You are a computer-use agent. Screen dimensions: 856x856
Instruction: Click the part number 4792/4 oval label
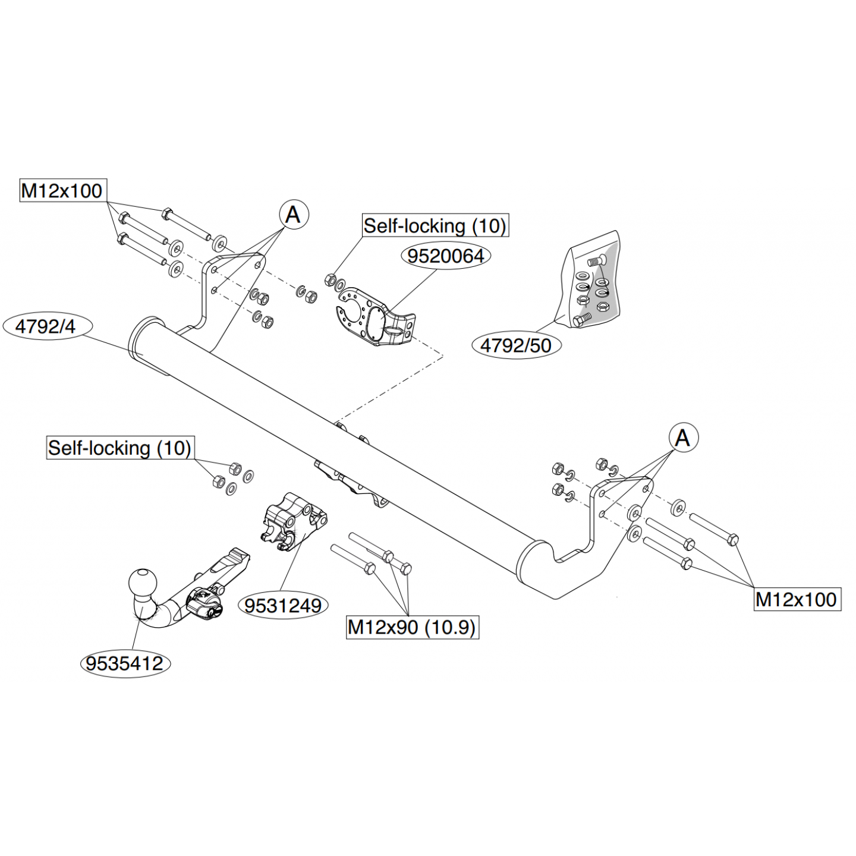click(x=46, y=327)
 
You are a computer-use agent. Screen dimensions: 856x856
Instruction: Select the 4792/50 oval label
click(x=515, y=345)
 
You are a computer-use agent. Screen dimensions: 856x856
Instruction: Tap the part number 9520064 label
click(x=446, y=256)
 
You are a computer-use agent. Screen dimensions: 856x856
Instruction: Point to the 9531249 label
click(x=283, y=605)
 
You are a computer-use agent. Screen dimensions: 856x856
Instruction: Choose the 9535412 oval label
click(x=125, y=663)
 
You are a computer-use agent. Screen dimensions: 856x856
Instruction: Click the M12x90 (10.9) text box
click(x=412, y=627)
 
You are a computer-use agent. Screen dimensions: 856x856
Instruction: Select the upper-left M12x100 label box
click(x=62, y=191)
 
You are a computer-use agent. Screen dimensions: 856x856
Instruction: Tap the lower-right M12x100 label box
click(x=797, y=599)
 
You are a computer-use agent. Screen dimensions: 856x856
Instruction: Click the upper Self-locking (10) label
click(x=435, y=226)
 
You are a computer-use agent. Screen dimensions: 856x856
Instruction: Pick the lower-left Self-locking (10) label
click(x=120, y=448)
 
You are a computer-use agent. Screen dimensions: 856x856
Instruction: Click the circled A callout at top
click(x=294, y=215)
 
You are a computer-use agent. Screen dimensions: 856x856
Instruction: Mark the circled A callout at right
click(x=683, y=438)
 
